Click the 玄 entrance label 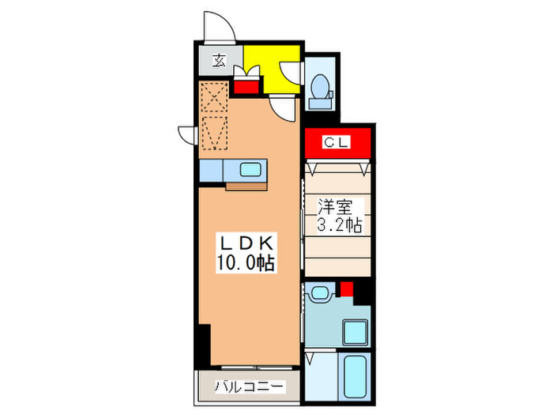216,58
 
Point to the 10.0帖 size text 245,263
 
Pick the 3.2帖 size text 340,226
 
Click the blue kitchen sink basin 251,170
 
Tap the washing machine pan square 354,333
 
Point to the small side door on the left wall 185,134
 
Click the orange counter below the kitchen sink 247,187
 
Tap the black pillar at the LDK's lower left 204,342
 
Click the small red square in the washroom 345,286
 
